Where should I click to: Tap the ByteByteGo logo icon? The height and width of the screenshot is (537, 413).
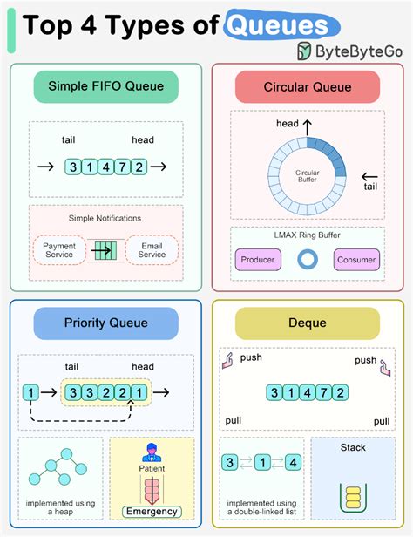coord(306,51)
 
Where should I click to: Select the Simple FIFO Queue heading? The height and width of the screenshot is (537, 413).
coord(105,86)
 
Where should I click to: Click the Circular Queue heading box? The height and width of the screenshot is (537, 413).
coord(307,87)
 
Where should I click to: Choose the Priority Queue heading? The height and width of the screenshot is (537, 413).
coord(105,323)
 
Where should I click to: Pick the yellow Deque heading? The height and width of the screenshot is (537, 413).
coord(307,323)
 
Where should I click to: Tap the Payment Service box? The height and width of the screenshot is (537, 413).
coord(59,249)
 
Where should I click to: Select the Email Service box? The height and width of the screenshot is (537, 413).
coord(152,249)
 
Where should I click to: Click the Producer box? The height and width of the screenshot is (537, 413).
coord(259,259)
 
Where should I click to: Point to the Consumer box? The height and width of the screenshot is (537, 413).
coord(356,259)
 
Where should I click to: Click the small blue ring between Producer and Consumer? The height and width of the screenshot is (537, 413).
coord(307,259)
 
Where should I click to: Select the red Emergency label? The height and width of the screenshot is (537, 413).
coord(152,512)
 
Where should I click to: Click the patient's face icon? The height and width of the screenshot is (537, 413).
coord(152,452)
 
